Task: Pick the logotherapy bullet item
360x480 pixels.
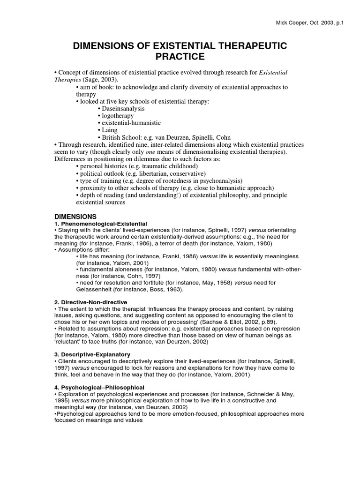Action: click(x=117, y=115)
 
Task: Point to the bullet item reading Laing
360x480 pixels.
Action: click(x=110, y=130)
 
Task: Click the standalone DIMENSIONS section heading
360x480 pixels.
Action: click(x=75, y=217)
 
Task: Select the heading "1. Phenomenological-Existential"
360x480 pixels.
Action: click(x=101, y=224)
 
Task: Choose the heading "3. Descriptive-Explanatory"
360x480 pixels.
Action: click(x=92, y=354)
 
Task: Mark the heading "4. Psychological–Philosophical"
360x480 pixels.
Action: click(x=99, y=387)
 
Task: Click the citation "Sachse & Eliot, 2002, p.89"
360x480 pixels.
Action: click(x=232, y=322)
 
